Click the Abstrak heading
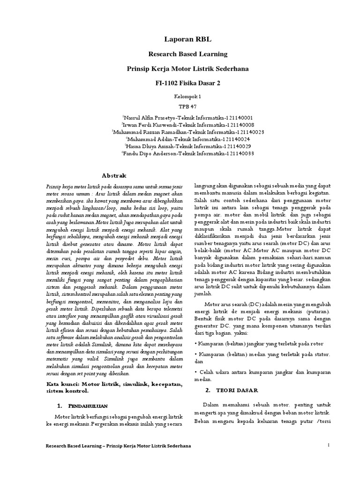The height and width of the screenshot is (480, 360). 114,175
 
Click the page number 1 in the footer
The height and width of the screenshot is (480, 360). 330,445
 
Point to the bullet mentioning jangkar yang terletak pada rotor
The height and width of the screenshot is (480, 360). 255,343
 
